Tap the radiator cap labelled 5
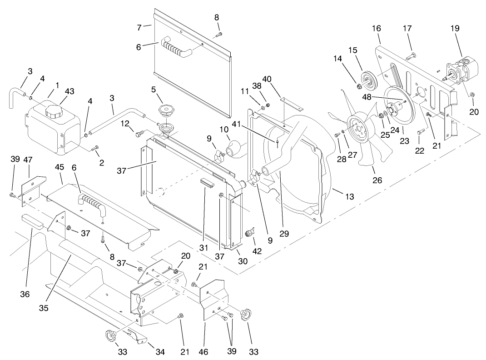pyautogui.click(x=167, y=110)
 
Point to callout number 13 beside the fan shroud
pyautogui.click(x=349, y=197)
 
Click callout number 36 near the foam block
pyautogui.click(x=25, y=295)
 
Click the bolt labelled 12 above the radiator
pyautogui.click(x=139, y=133)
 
